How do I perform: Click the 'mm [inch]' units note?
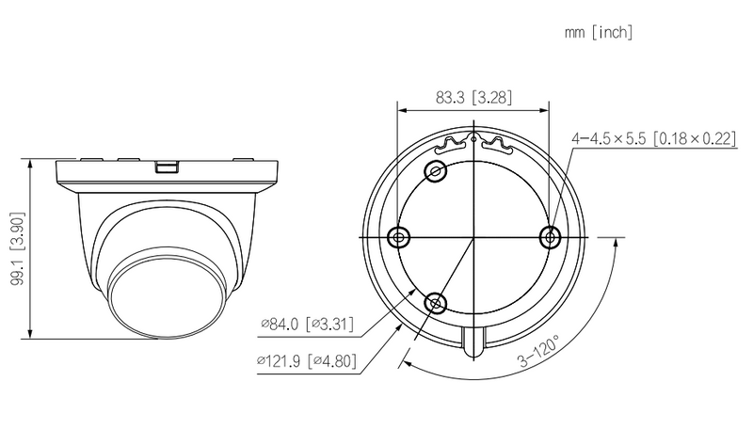tap(598, 32)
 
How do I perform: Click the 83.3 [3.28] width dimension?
tap(473, 96)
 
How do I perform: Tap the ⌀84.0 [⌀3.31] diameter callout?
tap(308, 326)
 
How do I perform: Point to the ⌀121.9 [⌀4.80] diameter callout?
tap(307, 360)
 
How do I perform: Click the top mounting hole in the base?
tap(436, 170)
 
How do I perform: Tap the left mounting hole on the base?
tap(398, 237)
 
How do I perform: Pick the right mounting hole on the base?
tap(552, 237)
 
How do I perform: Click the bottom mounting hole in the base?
tap(436, 303)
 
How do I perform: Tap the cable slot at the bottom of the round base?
tap(474, 341)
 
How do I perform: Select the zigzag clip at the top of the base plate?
tap(473, 144)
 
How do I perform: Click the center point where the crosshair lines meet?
tap(474, 237)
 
